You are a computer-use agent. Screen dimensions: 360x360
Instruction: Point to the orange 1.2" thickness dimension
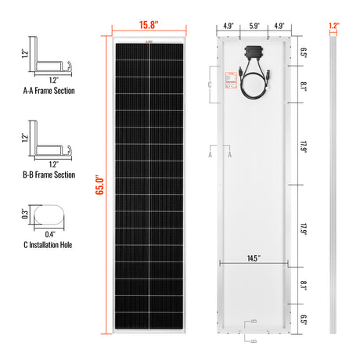(x=335, y=25)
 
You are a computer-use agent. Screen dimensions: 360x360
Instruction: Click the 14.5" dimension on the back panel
(x=254, y=257)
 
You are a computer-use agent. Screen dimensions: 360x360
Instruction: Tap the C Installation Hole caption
(x=52, y=245)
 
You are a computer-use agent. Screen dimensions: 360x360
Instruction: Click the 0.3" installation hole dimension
(x=25, y=213)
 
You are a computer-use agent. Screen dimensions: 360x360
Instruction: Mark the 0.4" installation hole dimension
(x=51, y=234)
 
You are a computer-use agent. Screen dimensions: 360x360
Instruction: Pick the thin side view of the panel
(x=334, y=188)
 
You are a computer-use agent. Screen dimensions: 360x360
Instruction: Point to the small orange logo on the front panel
(x=150, y=41)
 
